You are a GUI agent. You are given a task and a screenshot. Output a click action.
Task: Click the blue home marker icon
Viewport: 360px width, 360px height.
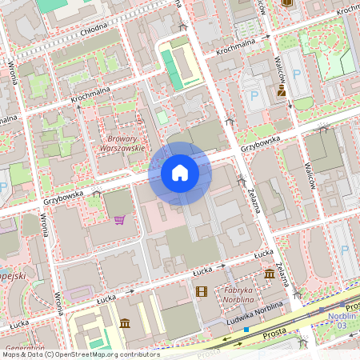click(x=180, y=173)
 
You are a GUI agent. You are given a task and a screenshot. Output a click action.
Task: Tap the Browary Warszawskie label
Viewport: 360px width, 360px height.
click(x=126, y=142)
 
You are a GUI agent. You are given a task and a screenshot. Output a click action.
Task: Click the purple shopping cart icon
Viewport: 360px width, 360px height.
click(x=120, y=220)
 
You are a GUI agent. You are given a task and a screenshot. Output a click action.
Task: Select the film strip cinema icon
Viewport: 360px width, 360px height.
click(x=201, y=290)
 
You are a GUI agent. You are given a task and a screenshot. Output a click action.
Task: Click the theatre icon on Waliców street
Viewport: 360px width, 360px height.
click(x=281, y=92)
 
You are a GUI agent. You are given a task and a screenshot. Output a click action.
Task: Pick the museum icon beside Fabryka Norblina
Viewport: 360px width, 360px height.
click(x=270, y=274)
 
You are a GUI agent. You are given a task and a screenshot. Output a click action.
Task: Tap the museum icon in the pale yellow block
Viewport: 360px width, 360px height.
click(x=125, y=323)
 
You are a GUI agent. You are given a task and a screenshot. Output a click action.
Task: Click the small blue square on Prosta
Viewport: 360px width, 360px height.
click(x=246, y=329)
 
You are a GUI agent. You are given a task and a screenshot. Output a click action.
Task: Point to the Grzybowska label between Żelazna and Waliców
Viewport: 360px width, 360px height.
click(x=262, y=144)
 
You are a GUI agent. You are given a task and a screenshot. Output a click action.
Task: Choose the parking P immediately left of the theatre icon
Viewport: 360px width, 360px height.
click(x=255, y=96)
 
